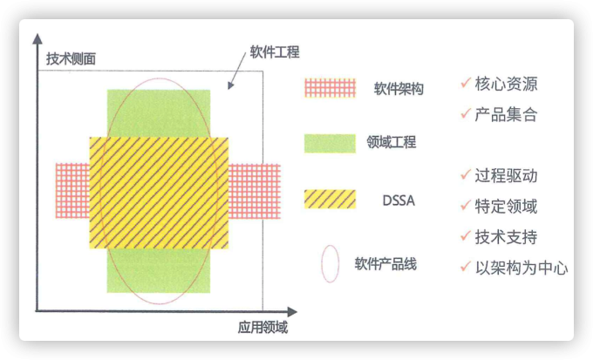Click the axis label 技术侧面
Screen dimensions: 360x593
click(71, 59)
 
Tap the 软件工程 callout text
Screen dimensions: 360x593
click(275, 52)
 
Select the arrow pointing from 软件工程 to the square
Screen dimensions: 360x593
click(236, 75)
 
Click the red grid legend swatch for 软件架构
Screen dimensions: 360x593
click(330, 88)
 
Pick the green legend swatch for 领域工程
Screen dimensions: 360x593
click(330, 142)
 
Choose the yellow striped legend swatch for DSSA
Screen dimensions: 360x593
click(330, 200)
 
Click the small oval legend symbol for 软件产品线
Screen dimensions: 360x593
click(330, 263)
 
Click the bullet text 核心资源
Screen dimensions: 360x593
click(506, 85)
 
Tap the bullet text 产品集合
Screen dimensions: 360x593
click(506, 114)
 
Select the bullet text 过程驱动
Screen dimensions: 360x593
click(506, 175)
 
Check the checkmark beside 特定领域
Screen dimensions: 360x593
click(465, 205)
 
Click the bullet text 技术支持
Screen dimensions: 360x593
click(506, 237)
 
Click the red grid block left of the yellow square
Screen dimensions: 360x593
click(72, 191)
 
